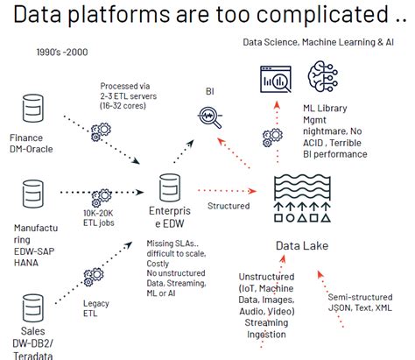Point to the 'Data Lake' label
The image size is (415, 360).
click(x=302, y=245)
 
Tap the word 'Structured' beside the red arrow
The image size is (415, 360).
click(x=229, y=206)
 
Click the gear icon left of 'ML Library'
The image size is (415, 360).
click(x=271, y=137)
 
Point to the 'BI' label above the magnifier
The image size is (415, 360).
click(x=209, y=90)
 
